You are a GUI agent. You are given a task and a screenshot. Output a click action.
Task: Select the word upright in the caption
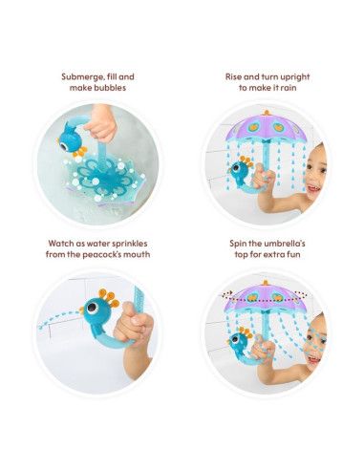293,77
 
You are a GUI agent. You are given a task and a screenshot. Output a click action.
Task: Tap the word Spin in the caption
238,244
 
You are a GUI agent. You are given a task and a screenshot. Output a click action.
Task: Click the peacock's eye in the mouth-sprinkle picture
93,309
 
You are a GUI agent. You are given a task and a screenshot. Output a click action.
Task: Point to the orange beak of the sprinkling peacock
81,310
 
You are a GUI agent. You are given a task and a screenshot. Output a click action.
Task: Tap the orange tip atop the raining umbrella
266,113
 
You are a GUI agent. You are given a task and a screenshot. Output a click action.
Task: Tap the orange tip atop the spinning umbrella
266,283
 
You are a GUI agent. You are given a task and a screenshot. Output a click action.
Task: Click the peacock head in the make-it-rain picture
239,168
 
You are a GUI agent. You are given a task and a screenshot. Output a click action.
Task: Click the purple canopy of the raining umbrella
266,127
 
